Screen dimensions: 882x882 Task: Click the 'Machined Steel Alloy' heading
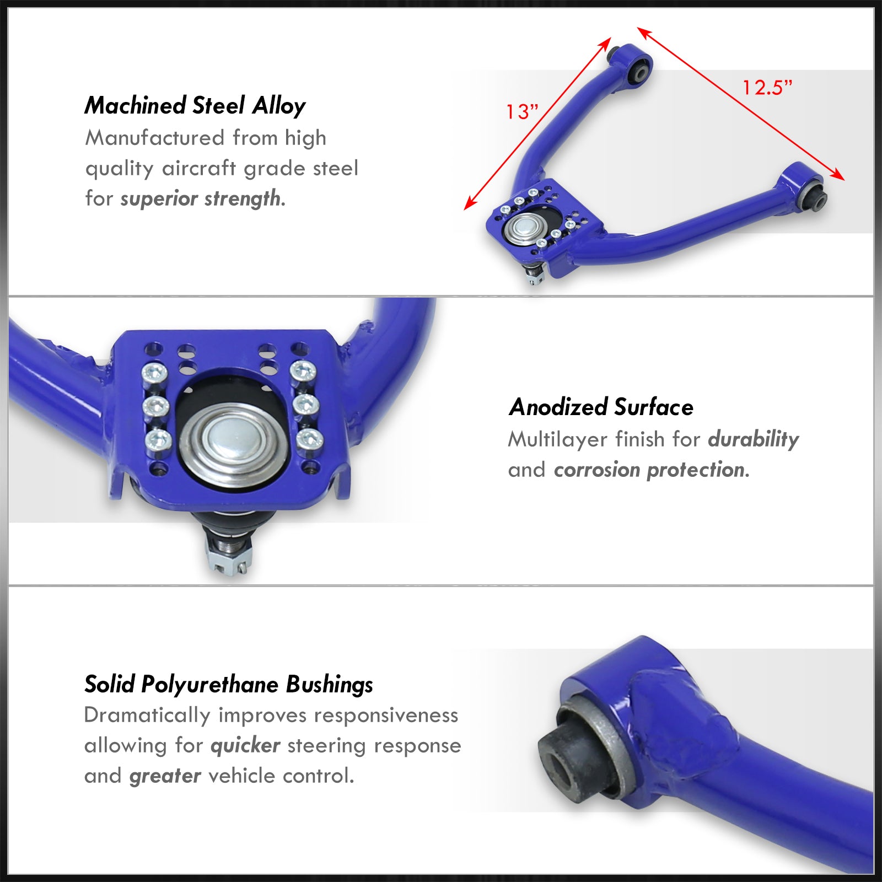[195, 105]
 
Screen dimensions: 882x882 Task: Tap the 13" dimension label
[521, 111]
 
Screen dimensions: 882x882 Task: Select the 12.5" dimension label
[767, 87]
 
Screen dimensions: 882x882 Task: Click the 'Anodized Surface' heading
[601, 407]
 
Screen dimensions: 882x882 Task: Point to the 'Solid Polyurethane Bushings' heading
[229, 684]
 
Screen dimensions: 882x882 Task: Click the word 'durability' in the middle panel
[754, 439]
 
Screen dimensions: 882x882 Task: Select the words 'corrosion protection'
[649, 470]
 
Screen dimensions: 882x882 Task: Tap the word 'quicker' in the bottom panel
[245, 746]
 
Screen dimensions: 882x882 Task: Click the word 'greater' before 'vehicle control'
[165, 776]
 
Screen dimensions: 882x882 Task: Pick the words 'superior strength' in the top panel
[200, 198]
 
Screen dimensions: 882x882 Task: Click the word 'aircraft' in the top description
[199, 168]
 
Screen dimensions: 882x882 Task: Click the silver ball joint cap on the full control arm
[523, 227]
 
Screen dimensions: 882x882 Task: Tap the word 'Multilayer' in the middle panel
[558, 439]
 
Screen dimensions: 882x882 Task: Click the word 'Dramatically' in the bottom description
[147, 715]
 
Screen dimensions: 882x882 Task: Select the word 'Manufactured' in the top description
[155, 138]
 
